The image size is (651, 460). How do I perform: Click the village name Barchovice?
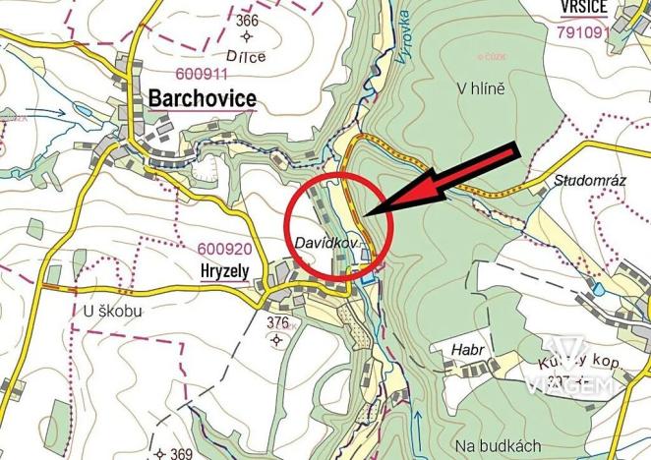202,98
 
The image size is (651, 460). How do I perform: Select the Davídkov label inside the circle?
328,240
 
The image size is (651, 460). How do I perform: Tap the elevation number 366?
247,21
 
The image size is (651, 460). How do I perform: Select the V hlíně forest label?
481,89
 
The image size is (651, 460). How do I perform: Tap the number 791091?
582,31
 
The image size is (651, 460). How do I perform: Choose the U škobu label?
113,313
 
